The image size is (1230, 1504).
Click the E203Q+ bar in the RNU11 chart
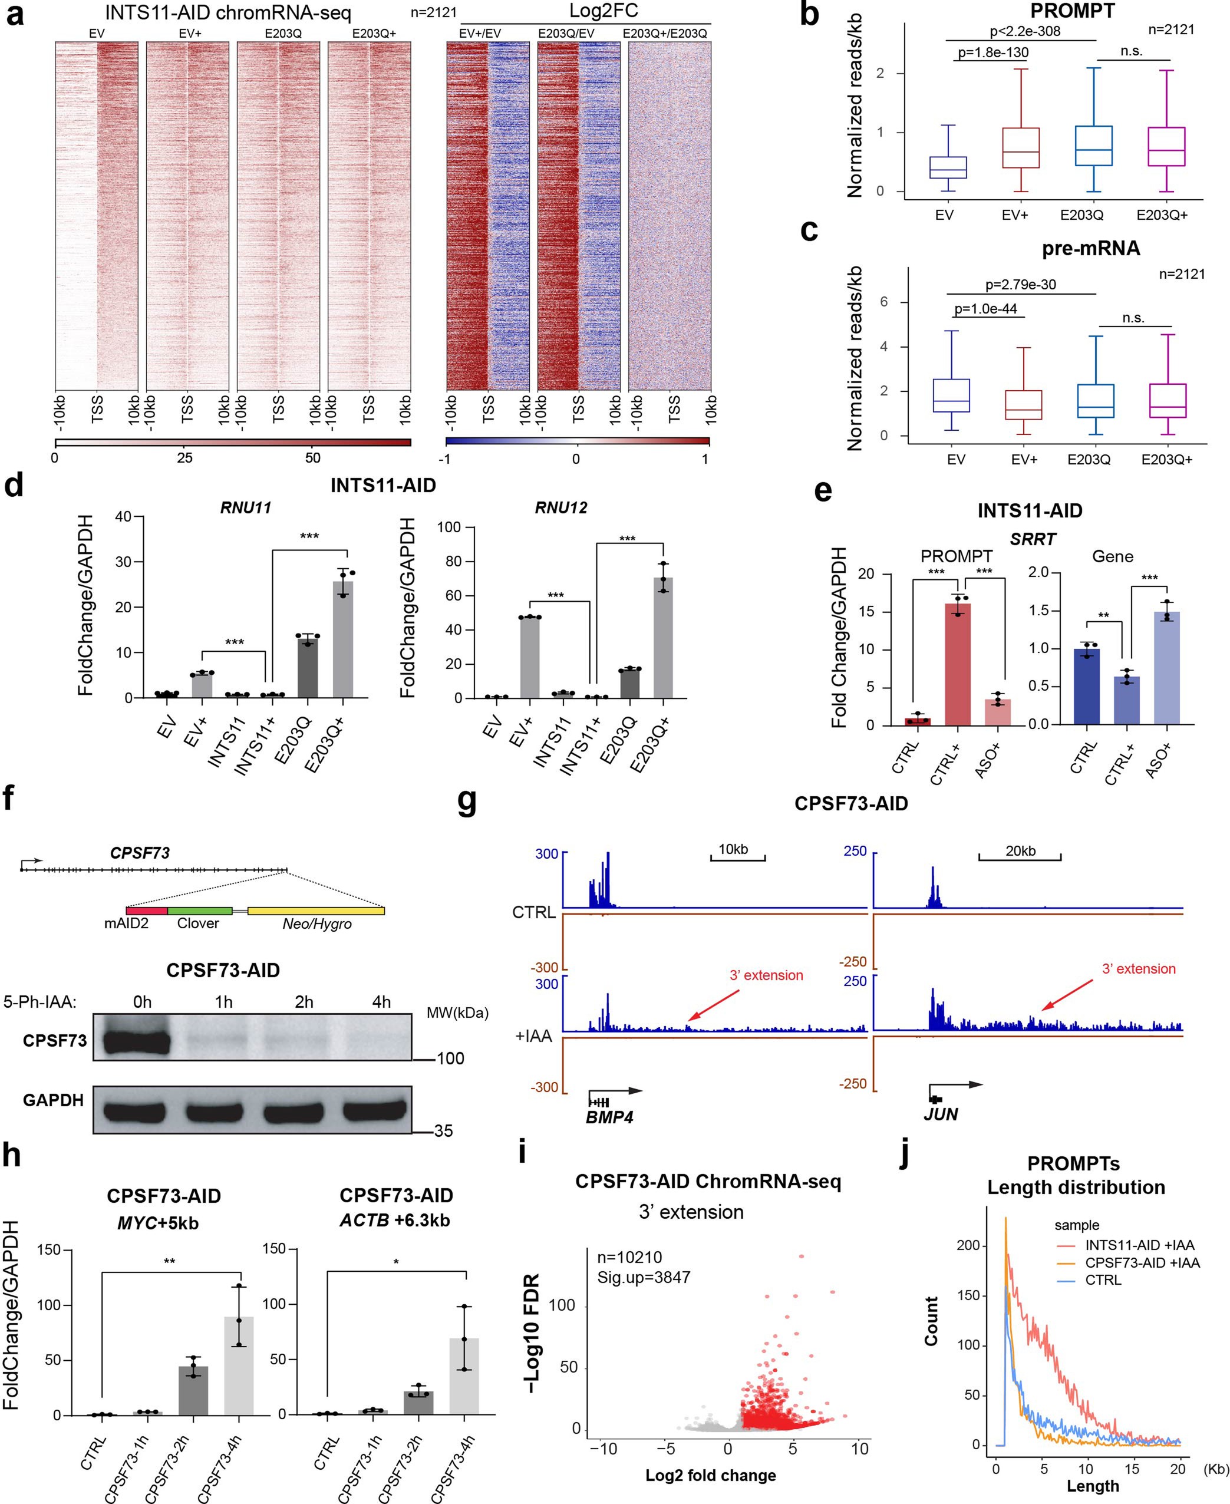[343, 639]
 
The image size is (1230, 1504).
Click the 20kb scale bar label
[1020, 851]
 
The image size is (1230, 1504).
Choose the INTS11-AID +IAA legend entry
[1139, 1245]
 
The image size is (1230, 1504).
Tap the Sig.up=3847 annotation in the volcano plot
[642, 1277]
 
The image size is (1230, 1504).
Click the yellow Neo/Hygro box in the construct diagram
[316, 911]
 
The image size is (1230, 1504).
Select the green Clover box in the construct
[200, 911]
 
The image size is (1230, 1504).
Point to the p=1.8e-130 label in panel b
[992, 52]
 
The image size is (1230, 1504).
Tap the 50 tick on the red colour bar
[312, 458]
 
